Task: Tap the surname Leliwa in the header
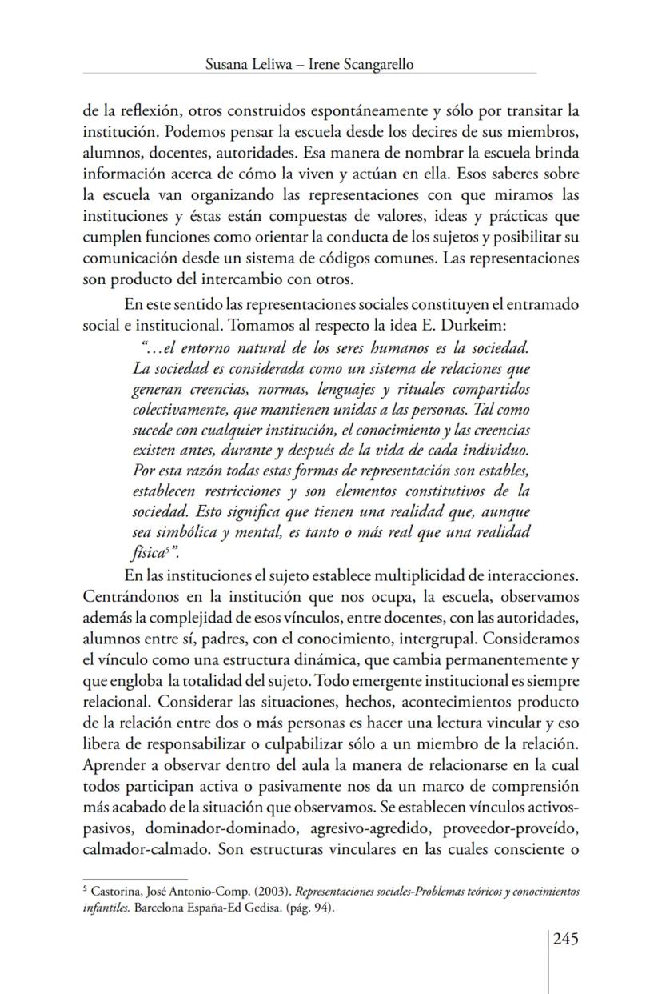pyautogui.click(x=275, y=65)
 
